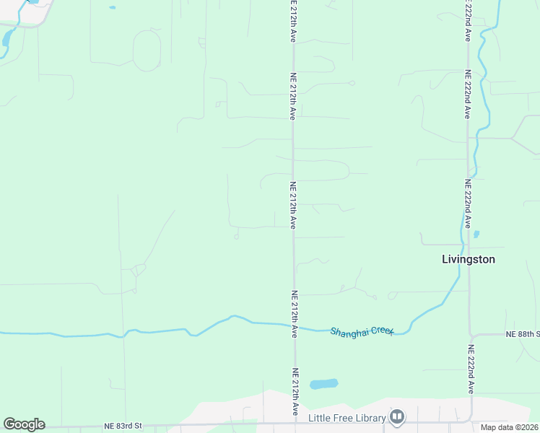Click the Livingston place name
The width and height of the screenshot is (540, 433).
point(468,259)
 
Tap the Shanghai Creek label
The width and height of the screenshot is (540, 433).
point(362,331)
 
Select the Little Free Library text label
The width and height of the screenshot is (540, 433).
point(347,418)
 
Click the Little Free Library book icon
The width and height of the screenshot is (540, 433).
point(397,417)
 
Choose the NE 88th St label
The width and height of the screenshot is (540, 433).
point(523,334)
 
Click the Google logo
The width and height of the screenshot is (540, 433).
point(24,424)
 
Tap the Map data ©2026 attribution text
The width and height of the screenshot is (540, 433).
point(509,427)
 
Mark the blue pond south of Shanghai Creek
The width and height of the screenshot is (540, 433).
point(324,384)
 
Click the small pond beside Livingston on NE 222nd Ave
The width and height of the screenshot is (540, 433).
point(476,234)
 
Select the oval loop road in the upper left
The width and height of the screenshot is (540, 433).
point(147,51)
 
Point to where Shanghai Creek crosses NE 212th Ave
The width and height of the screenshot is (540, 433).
point(294,327)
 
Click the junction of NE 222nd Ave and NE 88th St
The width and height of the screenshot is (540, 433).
point(471,336)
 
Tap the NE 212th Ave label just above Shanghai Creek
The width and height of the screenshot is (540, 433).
point(295,314)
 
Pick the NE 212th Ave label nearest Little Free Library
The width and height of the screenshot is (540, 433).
point(295,392)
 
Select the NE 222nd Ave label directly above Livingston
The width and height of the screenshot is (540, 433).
point(469,204)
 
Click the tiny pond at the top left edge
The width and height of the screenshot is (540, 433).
point(112,8)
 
